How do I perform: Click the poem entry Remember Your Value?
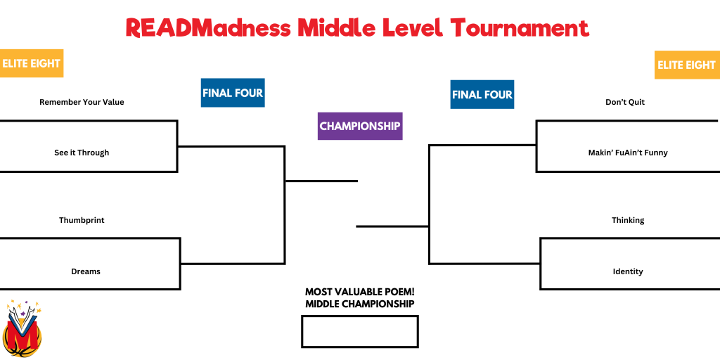(82, 102)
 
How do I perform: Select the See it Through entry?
(82, 153)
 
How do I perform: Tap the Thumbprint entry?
(82, 220)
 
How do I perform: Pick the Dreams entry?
(85, 271)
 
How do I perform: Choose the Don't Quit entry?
(625, 102)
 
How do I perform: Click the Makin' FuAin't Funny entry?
(628, 153)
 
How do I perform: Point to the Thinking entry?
(628, 220)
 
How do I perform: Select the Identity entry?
(628, 271)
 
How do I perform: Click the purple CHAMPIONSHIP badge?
(360, 126)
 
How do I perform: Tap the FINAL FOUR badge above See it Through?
(233, 93)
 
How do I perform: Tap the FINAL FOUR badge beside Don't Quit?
(482, 95)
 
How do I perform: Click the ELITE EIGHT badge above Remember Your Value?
(31, 63)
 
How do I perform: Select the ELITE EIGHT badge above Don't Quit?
(687, 65)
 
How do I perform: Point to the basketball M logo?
(22, 329)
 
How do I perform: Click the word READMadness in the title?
(208, 28)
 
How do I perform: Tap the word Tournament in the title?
(520, 28)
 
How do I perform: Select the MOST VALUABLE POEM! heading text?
(360, 292)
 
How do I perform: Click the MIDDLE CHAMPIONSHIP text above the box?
(360, 304)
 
